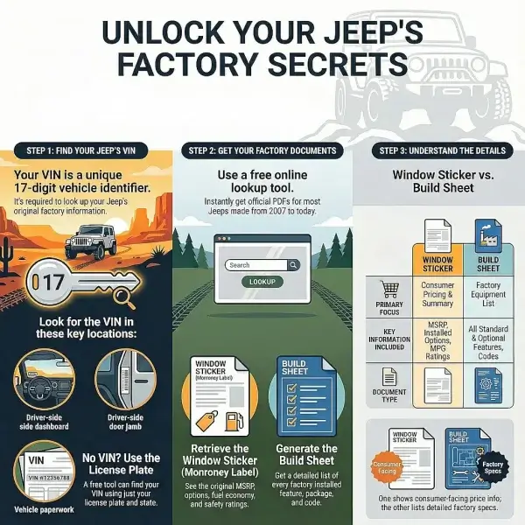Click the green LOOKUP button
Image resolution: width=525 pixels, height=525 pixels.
(x=262, y=282)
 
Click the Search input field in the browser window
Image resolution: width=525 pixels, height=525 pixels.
(x=257, y=264)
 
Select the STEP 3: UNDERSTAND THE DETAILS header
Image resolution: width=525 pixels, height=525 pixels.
(x=438, y=150)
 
